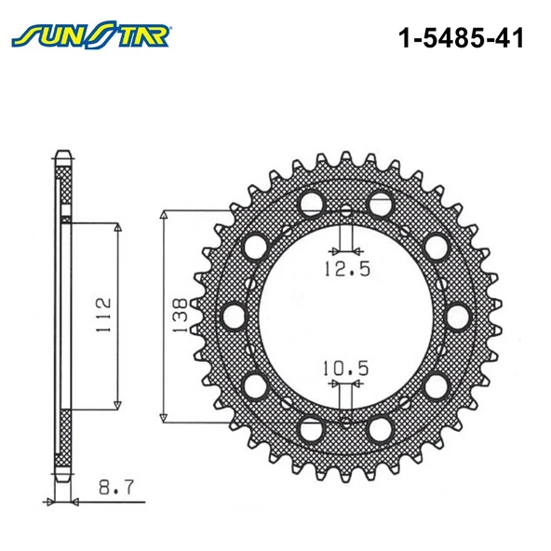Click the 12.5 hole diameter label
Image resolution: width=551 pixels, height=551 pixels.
(345, 270)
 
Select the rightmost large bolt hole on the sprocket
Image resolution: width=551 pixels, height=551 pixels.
(459, 316)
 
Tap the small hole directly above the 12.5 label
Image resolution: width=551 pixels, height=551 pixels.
(345, 210)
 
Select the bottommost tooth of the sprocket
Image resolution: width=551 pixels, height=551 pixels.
(345, 477)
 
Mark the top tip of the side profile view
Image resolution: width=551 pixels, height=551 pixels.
(62, 151)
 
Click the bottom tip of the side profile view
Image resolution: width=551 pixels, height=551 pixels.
(62, 481)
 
